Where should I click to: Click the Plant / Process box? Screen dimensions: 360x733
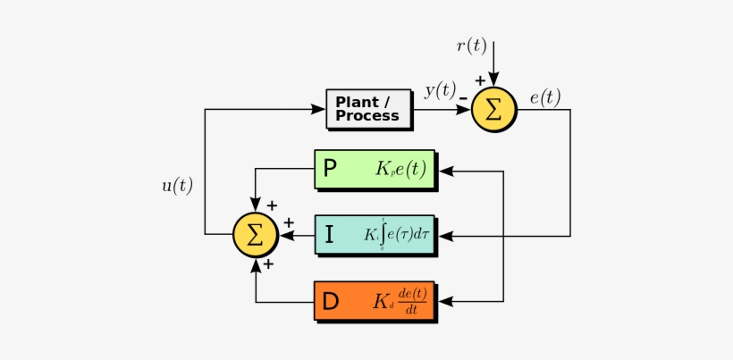pyautogui.click(x=368, y=109)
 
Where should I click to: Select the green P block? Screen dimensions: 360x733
pyautogui.click(x=375, y=169)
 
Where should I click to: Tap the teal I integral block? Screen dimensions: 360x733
pyautogui.click(x=375, y=235)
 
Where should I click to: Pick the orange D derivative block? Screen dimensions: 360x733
pyautogui.click(x=375, y=302)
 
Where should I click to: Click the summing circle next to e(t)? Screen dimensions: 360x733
pyautogui.click(x=494, y=110)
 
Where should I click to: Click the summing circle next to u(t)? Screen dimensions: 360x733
pyautogui.click(x=256, y=235)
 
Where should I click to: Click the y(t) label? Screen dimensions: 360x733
pyautogui.click(x=439, y=89)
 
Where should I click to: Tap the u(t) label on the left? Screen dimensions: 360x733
pyautogui.click(x=176, y=186)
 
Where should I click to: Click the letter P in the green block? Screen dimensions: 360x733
pyautogui.click(x=330, y=169)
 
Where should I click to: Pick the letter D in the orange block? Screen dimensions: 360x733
pyautogui.click(x=330, y=303)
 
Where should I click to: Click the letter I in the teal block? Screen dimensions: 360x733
pyautogui.click(x=329, y=236)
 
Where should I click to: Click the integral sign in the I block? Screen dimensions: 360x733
pyautogui.click(x=384, y=235)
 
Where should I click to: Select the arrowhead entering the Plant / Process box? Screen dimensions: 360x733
pyautogui.click(x=318, y=110)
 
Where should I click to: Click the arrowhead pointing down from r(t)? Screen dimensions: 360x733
pyautogui.click(x=494, y=81)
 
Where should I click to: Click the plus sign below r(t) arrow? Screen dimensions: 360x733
pyautogui.click(x=480, y=81)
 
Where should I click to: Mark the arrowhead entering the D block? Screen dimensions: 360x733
pyautogui.click(x=447, y=302)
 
